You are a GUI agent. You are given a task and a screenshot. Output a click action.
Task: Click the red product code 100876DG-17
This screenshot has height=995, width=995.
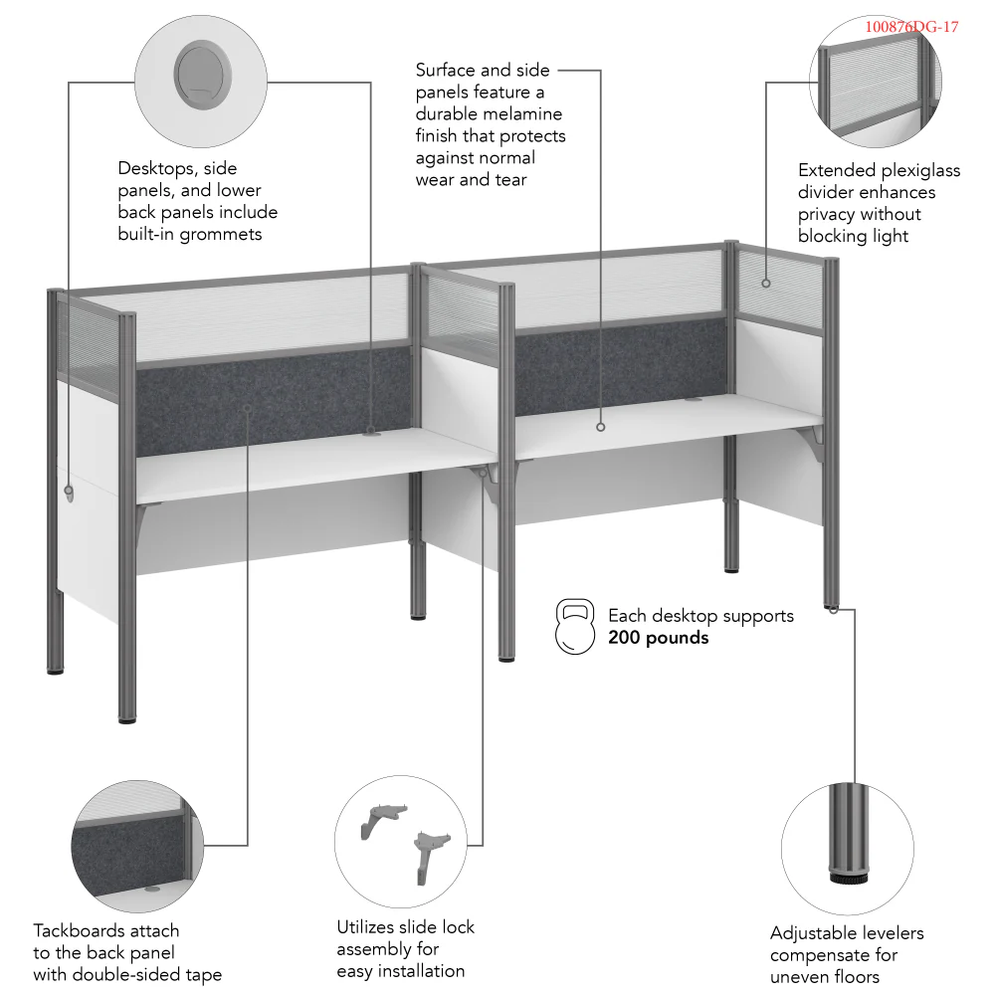pyautogui.click(x=911, y=27)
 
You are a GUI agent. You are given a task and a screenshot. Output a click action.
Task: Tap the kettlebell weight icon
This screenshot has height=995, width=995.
pyautogui.click(x=576, y=627)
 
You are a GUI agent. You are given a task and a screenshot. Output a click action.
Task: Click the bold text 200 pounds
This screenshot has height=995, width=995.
pyautogui.click(x=658, y=638)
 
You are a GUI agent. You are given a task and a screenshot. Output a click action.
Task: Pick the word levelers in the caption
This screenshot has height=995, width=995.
pyautogui.click(x=879, y=933)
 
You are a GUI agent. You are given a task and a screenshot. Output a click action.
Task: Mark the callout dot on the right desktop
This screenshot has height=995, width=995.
pyautogui.click(x=601, y=426)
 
